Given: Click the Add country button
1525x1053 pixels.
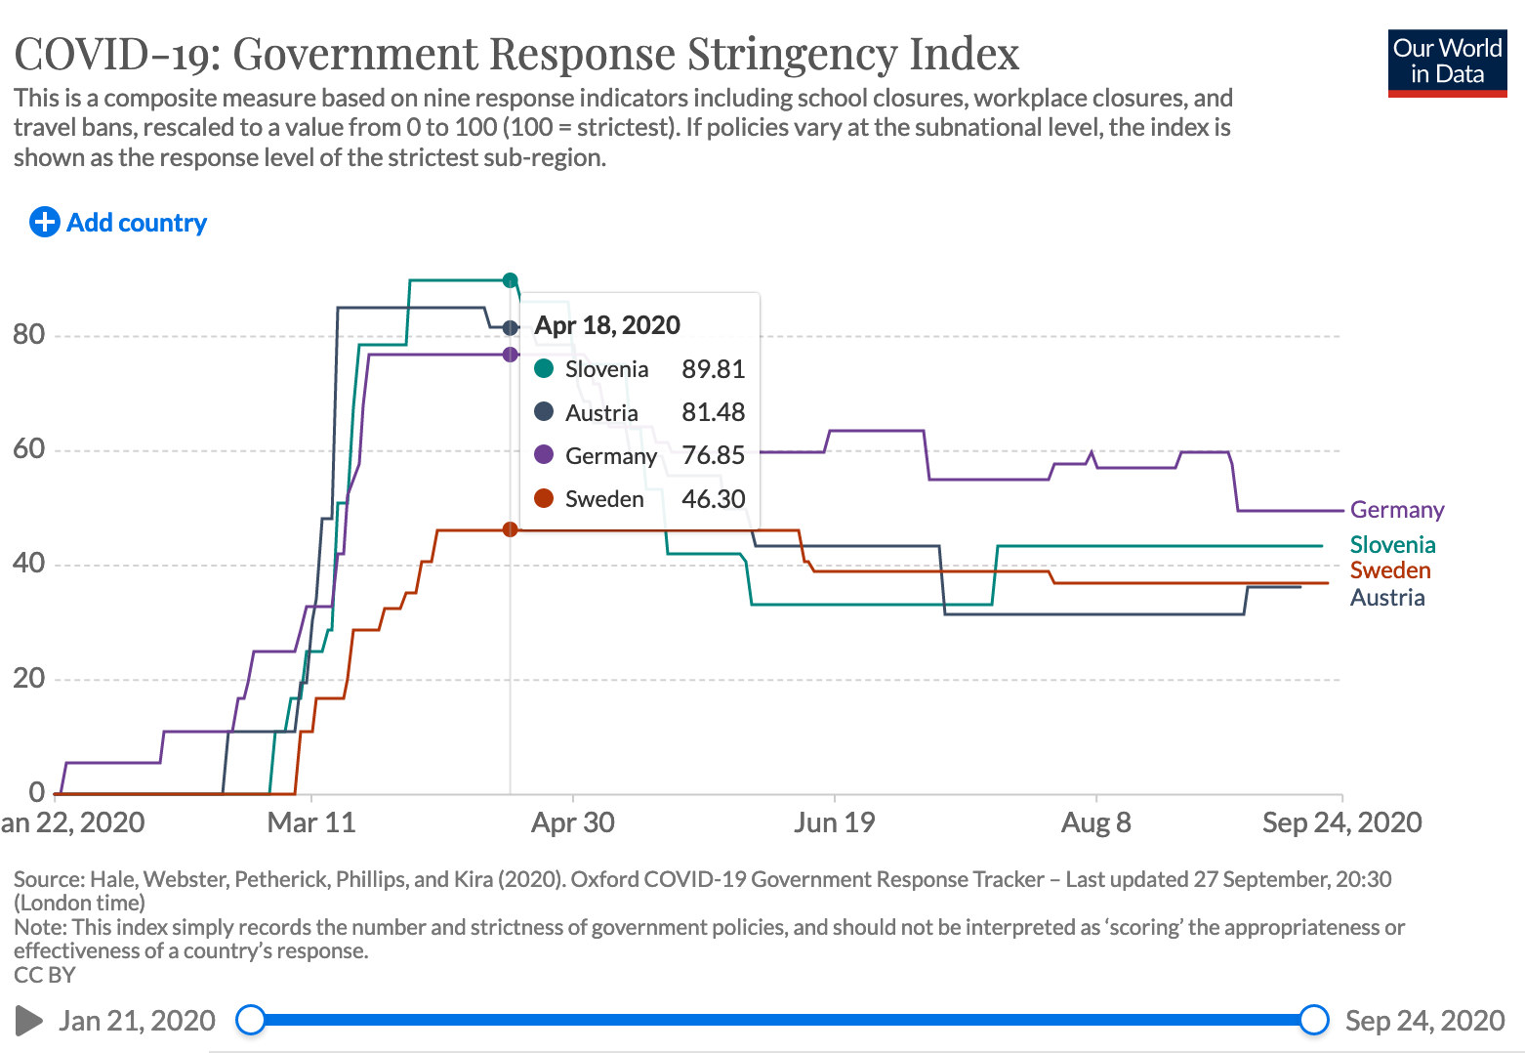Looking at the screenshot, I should (118, 223).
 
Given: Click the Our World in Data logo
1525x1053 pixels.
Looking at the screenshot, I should (1447, 63).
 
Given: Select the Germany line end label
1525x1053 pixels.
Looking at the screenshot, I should (1396, 510).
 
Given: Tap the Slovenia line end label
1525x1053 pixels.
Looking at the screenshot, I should (1392, 545).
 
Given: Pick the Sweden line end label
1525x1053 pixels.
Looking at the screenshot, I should (1389, 570).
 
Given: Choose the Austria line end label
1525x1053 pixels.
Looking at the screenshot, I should (1386, 598).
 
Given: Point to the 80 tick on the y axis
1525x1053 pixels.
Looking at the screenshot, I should (28, 335).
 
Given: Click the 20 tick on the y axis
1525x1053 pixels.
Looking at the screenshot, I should (28, 679).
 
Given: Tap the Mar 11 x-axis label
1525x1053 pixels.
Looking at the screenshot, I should (311, 822).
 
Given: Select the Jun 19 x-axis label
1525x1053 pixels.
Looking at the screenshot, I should (834, 822).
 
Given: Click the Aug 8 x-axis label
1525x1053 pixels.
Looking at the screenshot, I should (1095, 822).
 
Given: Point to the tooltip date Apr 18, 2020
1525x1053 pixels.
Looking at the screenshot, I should (606, 325).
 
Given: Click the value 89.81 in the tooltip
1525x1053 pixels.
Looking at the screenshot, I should (713, 369).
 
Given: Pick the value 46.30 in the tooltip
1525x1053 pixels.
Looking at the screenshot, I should (713, 499).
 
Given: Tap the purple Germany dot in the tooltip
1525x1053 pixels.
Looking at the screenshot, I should (544, 455).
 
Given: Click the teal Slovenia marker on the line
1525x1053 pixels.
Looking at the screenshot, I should (510, 280).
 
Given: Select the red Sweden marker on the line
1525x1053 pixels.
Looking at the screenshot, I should (510, 529).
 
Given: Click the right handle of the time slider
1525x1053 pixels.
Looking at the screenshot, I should (1314, 1020).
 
